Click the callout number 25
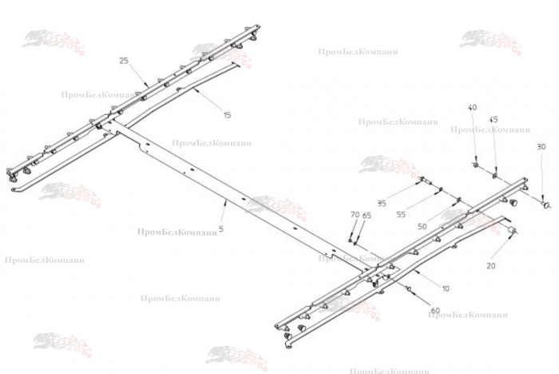(124, 61)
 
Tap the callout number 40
(472, 108)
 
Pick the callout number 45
(494, 120)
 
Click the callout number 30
(541, 147)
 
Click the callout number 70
(355, 215)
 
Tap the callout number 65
(367, 216)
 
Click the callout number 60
(435, 311)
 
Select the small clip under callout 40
(476, 165)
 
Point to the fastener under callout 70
(352, 237)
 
